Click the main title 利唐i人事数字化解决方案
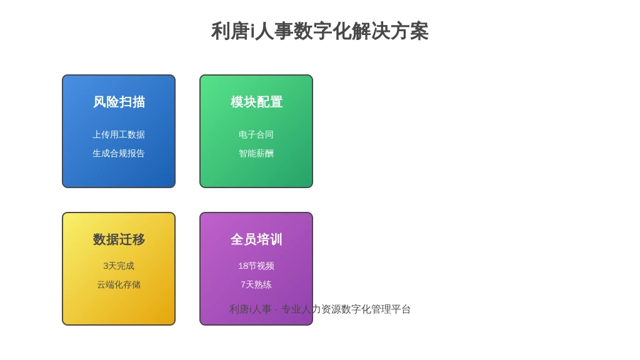(x=319, y=31)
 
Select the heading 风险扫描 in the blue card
(x=119, y=102)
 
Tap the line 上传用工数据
(x=119, y=135)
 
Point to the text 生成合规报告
(x=119, y=154)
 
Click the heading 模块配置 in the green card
(x=256, y=102)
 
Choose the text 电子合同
(x=256, y=135)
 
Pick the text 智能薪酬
(x=256, y=154)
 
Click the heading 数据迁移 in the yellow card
(x=119, y=239)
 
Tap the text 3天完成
(x=119, y=266)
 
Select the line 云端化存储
(x=119, y=285)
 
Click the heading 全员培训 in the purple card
(x=256, y=239)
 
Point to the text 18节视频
(x=256, y=266)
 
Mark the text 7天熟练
(x=256, y=285)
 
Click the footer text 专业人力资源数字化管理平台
(x=346, y=309)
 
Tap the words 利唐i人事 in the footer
(x=250, y=309)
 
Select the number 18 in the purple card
(x=243, y=266)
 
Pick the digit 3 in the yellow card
(x=105, y=266)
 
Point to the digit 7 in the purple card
(x=243, y=285)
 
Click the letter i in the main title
(x=252, y=32)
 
